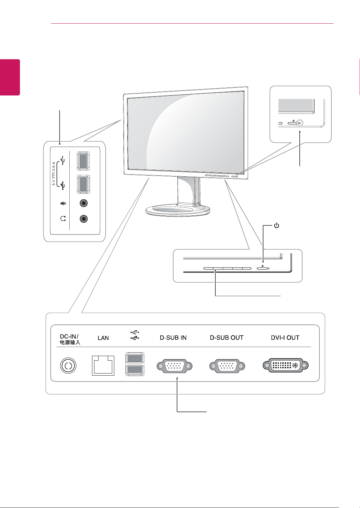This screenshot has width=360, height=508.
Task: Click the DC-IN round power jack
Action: tap(68, 365)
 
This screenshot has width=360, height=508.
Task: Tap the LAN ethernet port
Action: tap(103, 365)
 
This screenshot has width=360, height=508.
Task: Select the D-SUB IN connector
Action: tap(175, 366)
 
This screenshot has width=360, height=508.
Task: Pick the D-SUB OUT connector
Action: tap(227, 366)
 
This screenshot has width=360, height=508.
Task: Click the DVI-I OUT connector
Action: tap(286, 365)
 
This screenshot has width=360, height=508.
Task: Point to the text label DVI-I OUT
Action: tap(285, 338)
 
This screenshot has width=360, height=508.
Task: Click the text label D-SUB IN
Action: tap(173, 338)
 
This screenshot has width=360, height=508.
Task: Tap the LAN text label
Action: tap(103, 338)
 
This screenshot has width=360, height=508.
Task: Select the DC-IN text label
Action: tap(69, 336)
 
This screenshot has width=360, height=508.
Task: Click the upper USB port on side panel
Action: tap(83, 161)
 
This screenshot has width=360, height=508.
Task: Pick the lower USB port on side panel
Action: tap(83, 184)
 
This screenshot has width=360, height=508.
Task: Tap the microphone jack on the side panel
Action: tap(84, 203)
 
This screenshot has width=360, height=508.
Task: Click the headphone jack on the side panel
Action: tap(84, 219)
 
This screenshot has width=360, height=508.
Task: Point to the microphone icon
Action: tap(63, 203)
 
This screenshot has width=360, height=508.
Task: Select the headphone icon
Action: tap(63, 218)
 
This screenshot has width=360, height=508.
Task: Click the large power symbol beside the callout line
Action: tap(276, 225)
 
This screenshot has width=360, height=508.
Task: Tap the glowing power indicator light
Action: tap(300, 123)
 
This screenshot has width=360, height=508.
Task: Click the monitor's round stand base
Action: tap(178, 210)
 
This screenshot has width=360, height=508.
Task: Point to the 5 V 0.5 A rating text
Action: tap(54, 174)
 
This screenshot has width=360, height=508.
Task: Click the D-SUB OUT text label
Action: tap(227, 338)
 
